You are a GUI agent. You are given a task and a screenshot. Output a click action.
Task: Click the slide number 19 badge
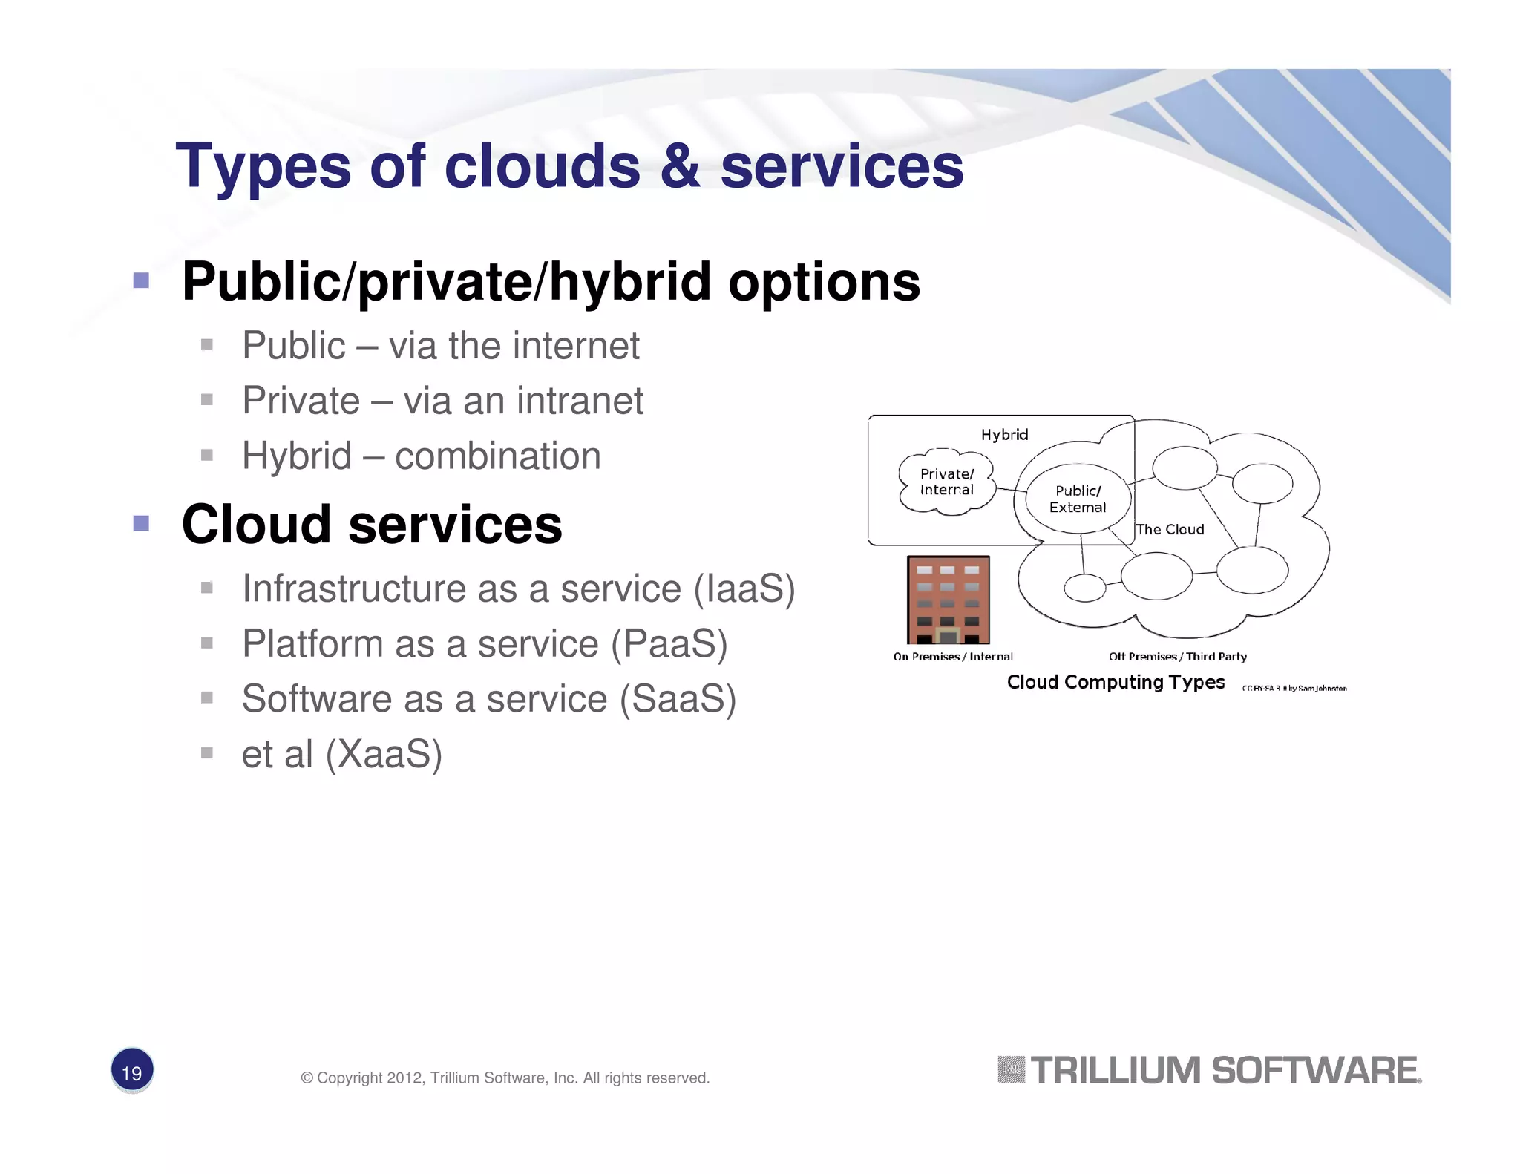point(132,1071)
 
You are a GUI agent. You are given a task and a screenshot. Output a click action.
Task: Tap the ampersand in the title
point(680,166)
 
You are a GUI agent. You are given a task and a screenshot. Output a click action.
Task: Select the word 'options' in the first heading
point(824,283)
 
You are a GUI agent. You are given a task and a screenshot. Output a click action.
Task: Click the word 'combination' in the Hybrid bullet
point(497,456)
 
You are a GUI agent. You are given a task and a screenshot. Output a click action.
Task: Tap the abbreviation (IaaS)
point(744,588)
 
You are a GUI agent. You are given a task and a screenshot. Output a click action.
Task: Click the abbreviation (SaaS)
point(678,699)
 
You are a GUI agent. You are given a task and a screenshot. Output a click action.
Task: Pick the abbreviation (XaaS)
point(384,754)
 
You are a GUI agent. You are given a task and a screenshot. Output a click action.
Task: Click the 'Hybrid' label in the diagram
point(1004,435)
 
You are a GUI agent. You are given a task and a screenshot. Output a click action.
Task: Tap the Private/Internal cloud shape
point(946,482)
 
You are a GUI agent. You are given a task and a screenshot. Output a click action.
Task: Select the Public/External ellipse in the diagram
point(1078,499)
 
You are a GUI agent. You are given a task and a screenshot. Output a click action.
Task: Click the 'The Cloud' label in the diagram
point(1170,529)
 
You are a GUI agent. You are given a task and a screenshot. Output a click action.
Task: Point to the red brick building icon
point(948,600)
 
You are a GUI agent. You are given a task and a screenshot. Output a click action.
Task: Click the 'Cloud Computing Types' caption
point(1115,682)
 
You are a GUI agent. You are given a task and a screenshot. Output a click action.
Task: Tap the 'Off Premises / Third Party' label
point(1177,657)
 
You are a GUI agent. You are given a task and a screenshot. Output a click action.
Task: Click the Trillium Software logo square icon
point(1011,1070)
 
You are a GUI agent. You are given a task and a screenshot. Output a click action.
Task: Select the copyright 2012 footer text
point(505,1078)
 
